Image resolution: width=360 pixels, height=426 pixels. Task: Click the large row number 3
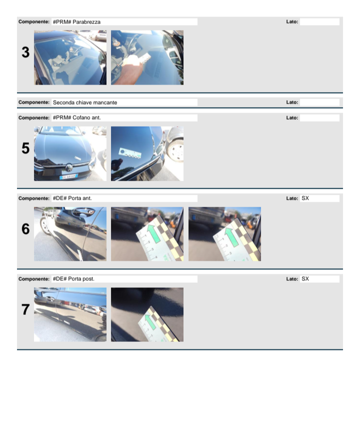(x=25, y=52)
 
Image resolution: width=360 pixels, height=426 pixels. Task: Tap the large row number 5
(x=25, y=148)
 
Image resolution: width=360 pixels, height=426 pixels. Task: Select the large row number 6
(x=25, y=229)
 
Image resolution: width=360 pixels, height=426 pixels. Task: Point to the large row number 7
(x=25, y=309)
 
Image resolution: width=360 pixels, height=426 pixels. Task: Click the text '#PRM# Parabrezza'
(x=76, y=22)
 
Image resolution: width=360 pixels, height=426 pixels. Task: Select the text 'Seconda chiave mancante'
(x=85, y=103)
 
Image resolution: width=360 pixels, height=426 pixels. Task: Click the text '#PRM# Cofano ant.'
(x=77, y=118)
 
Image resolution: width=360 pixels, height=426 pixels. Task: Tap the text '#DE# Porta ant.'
(x=72, y=198)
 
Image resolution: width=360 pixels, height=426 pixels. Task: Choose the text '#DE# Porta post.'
(x=73, y=279)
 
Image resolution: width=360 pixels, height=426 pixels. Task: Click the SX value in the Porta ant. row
(x=305, y=198)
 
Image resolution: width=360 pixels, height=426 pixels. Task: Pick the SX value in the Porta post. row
(x=305, y=279)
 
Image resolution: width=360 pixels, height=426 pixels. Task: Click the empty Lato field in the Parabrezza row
(x=319, y=22)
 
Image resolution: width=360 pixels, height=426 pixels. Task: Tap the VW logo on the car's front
(x=69, y=167)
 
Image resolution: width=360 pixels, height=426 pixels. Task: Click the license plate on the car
(x=68, y=177)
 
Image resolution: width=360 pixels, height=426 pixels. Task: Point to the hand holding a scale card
(x=130, y=70)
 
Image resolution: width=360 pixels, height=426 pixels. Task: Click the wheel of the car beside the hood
(x=176, y=150)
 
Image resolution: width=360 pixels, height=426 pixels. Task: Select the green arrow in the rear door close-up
(x=150, y=322)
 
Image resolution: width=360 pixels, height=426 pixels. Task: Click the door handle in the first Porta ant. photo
(x=82, y=212)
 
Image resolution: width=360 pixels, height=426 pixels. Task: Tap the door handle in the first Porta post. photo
(x=50, y=299)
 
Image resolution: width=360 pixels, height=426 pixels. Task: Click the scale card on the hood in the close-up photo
(x=130, y=153)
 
